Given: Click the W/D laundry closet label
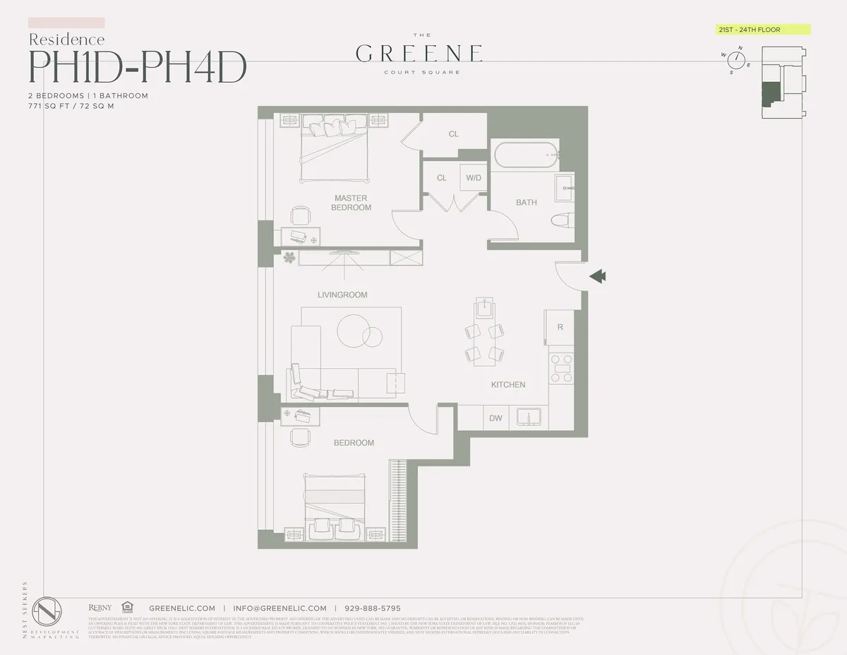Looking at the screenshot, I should coord(473,178).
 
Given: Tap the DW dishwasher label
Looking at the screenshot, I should coord(495,418).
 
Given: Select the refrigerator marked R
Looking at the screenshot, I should coord(560,327).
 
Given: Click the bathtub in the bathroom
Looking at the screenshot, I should coord(524,155).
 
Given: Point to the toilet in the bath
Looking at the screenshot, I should coord(563,220).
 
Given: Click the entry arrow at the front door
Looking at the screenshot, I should coord(597,276).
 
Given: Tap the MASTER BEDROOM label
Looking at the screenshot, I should coord(352,203).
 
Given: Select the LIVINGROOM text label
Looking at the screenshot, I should coord(342,295).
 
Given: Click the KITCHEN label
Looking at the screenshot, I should coord(508,384).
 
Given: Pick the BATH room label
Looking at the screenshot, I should coord(526,203).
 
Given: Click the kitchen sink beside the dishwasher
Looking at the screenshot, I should coord(528,418).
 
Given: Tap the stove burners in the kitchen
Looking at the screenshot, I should coord(562,368).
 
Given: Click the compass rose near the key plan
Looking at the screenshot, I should coord(737,60).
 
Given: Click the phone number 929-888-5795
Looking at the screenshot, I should coord(372,608).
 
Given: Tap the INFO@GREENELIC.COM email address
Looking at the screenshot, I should coord(280,608).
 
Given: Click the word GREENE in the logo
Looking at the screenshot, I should coord(419,53).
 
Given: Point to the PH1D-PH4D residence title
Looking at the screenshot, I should coord(137,66).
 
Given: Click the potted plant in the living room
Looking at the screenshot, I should coord(289,258).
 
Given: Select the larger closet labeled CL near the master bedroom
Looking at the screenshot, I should coord(453,134).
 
